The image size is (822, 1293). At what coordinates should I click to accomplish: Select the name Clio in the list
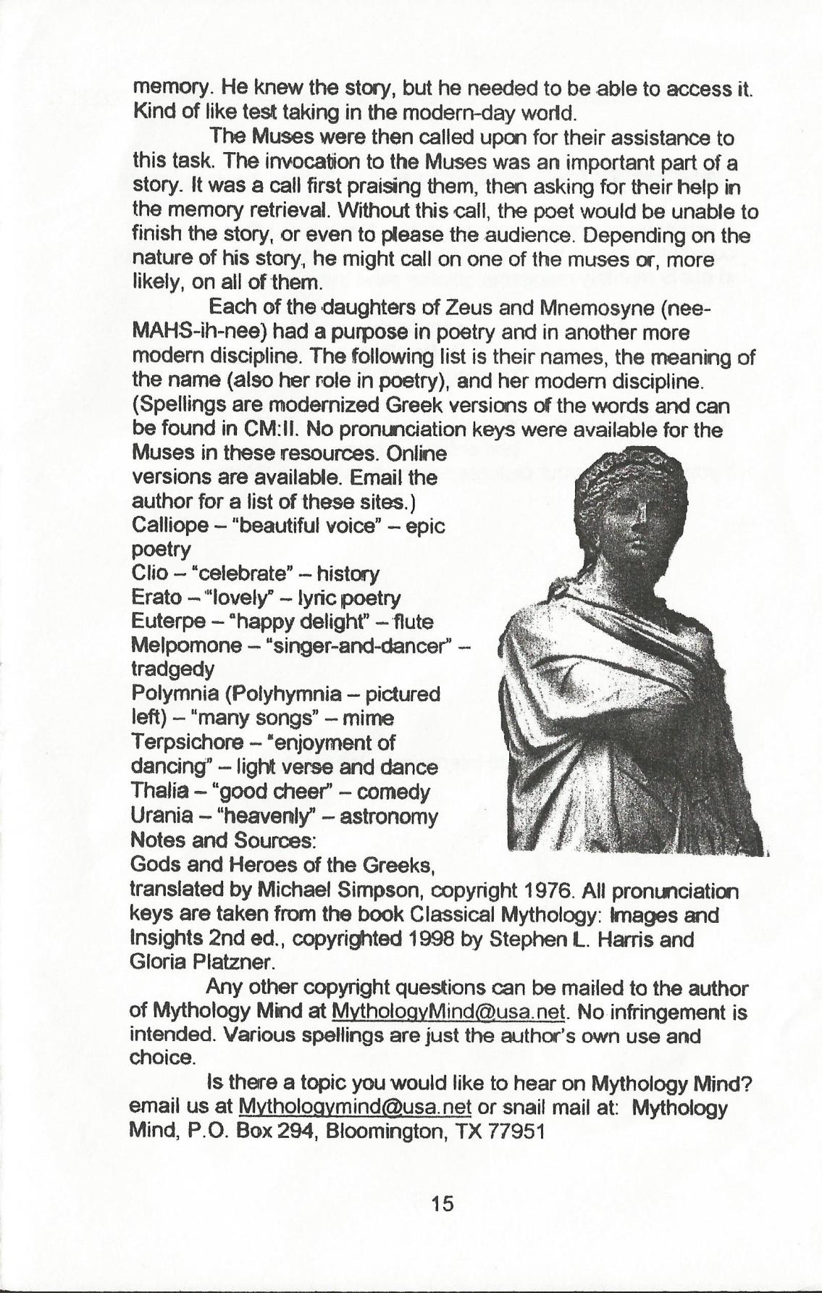147,574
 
